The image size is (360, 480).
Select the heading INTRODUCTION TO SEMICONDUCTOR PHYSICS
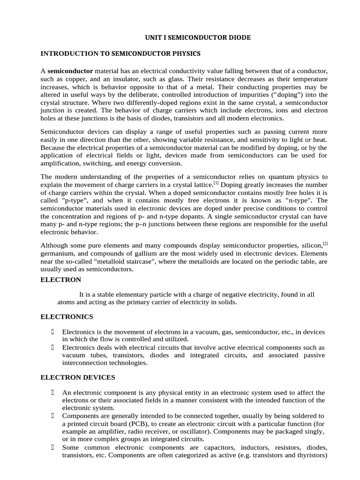click(120, 53)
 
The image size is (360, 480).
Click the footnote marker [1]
click(216, 183)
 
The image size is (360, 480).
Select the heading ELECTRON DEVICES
click(77, 377)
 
